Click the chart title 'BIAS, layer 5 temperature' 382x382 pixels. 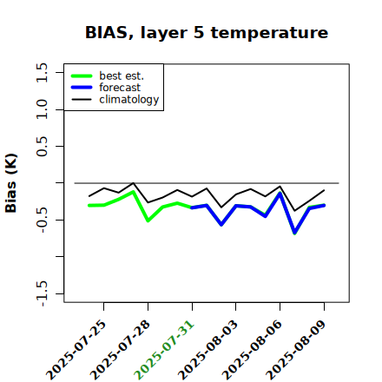tap(207, 32)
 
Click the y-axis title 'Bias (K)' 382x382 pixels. tap(11, 183)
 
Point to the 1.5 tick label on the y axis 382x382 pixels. tap(42, 72)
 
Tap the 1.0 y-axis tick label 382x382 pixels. tap(42, 109)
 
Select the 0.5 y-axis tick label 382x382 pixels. tap(42, 146)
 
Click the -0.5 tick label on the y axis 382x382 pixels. tap(42, 221)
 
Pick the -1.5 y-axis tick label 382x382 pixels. tap(42, 294)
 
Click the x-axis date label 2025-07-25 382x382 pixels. tap(76, 350)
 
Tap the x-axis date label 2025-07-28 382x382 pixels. tap(121, 350)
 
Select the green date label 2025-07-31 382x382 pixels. tap(165, 350)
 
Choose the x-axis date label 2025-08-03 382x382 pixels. tap(208, 350)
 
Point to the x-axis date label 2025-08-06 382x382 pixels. tap(253, 350)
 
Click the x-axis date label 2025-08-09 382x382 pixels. tap(297, 350)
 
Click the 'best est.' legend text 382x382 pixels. tap(122, 76)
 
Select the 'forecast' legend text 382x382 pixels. tap(120, 88)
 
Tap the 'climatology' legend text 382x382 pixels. tap(129, 100)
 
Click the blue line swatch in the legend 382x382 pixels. tap(82, 88)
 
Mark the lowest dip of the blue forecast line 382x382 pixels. tap(295, 233)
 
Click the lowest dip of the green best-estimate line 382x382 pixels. tap(295, 234)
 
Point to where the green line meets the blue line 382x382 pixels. tap(192, 207)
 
